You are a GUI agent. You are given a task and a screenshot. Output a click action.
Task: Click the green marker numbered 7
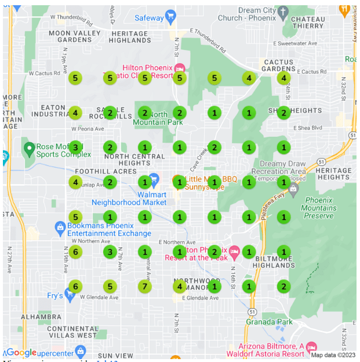pyautogui.click(x=145, y=286)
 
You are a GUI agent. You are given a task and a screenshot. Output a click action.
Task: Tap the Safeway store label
pyautogui.click(x=150, y=18)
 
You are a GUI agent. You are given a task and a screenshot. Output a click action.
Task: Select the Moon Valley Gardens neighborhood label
pyautogui.click(x=75, y=37)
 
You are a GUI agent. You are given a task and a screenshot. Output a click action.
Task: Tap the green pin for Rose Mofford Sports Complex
pyautogui.click(x=29, y=149)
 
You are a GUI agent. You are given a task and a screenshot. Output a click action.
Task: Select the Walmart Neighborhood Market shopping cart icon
pyautogui.click(x=154, y=178)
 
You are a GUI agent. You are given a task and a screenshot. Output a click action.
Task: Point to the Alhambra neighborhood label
pyautogui.click(x=41, y=317)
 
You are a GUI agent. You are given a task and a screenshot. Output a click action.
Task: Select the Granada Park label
pyautogui.click(x=269, y=321)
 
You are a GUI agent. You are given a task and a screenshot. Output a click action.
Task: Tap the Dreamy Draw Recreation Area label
pyautogui.click(x=278, y=168)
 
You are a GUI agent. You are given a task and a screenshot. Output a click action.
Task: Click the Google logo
pyautogui.click(x=21, y=353)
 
